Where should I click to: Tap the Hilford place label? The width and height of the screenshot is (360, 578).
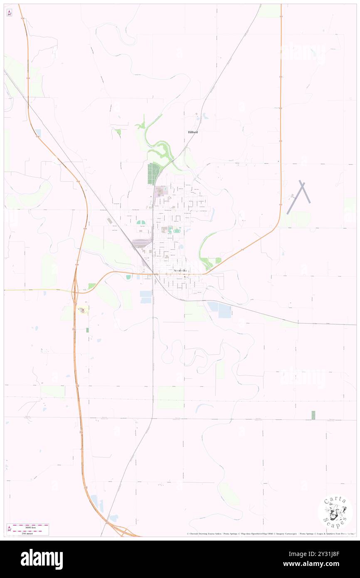click(x=192, y=132)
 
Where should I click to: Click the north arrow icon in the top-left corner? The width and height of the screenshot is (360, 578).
click(x=9, y=13)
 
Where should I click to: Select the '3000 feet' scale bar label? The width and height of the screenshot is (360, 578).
click(x=30, y=526)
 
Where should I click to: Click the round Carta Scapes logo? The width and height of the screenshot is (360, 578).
click(x=335, y=511)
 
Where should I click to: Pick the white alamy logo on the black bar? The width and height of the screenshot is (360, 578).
click(x=42, y=559)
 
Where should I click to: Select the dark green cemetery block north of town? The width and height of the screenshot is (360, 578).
click(x=153, y=174)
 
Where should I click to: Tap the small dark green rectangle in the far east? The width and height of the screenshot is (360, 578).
click(x=313, y=415)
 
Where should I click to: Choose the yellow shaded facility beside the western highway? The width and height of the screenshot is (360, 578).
click(x=83, y=309)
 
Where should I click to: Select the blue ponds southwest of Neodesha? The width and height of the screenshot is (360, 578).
click(x=146, y=296)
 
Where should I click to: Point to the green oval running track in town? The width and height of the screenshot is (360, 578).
click(x=142, y=223)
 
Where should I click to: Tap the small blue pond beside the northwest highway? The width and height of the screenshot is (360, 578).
click(x=38, y=133)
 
